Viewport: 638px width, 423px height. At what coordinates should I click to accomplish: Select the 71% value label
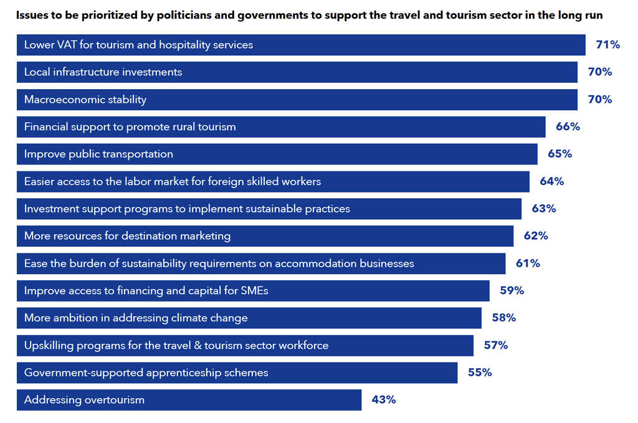click(607, 45)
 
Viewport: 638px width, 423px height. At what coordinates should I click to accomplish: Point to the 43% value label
click(384, 400)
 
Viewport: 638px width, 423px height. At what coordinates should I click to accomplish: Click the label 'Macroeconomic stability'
click(85, 100)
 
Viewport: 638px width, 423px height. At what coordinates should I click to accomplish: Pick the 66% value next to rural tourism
click(568, 127)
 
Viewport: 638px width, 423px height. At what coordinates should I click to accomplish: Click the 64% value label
click(551, 181)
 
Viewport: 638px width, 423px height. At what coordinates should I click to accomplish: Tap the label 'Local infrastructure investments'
click(103, 72)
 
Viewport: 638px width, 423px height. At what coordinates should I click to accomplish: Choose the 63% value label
click(543, 209)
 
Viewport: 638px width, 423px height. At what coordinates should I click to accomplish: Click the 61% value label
click(528, 264)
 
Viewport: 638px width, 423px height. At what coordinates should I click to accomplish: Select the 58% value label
click(503, 318)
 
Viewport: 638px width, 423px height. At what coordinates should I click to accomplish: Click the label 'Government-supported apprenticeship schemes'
click(146, 373)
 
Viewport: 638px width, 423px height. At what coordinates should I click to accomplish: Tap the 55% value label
click(480, 373)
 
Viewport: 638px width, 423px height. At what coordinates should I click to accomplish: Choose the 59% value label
click(512, 291)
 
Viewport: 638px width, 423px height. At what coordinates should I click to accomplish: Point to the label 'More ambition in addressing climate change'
click(136, 318)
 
